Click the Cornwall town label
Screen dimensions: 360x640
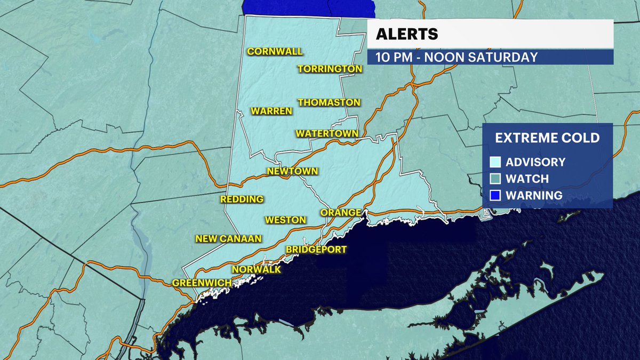coord(275,52)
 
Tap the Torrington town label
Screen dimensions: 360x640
coord(330,69)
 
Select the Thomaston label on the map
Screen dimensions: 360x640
coord(329,102)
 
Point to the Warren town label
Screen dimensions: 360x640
coord(272,111)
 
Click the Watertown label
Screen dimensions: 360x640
coord(327,133)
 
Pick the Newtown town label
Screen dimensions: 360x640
coord(292,171)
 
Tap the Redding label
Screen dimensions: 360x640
coord(242,199)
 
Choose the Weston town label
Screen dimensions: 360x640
coord(285,220)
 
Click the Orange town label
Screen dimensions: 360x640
coord(341,213)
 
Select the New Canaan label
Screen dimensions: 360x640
coord(229,239)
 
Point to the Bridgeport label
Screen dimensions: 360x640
coord(316,249)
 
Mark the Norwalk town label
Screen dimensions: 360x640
coord(257,270)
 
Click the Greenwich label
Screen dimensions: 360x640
coord(202,283)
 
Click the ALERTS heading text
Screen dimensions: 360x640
coord(407,34)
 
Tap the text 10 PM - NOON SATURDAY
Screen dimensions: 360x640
coord(457,57)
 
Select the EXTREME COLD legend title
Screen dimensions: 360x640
coord(547,138)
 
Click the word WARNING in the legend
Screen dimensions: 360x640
coord(534,196)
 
